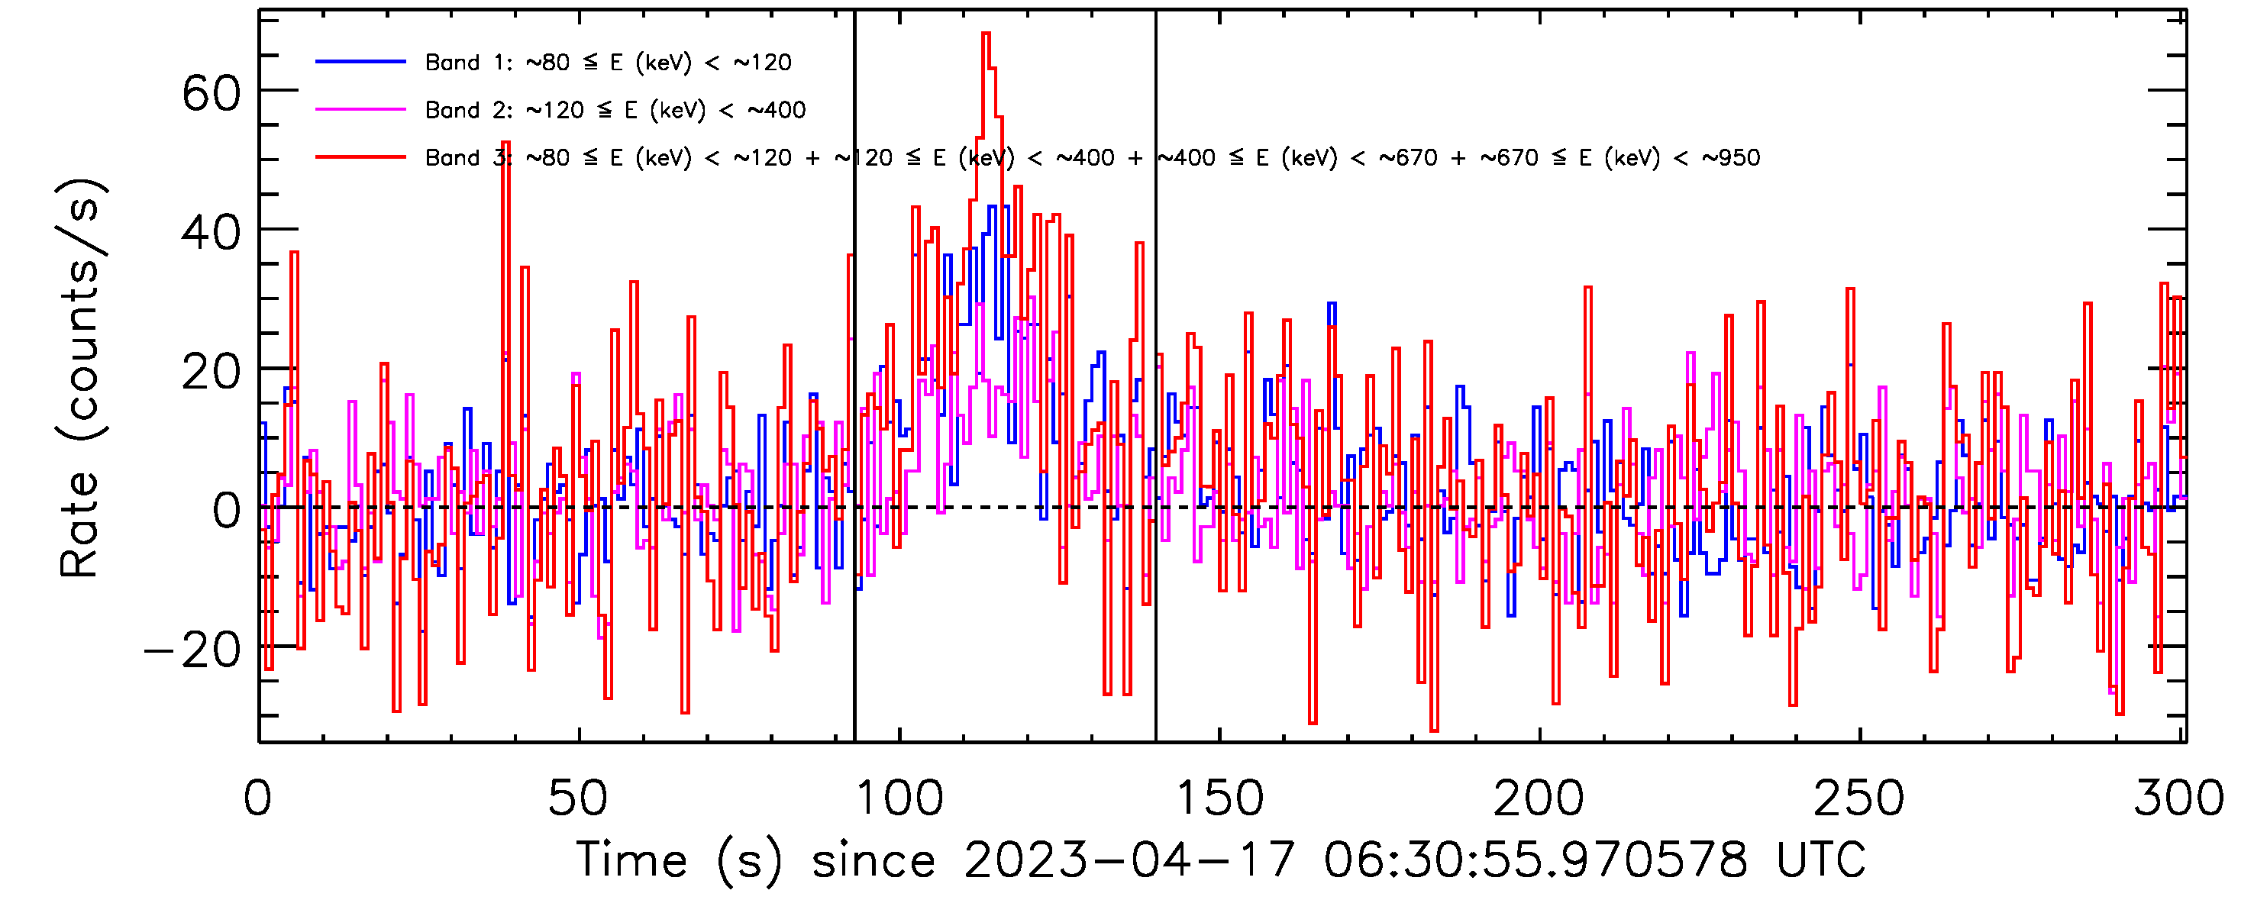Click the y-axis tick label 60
(x=211, y=92)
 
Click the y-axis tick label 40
(x=211, y=233)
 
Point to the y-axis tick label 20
(x=211, y=372)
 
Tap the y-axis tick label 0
(x=227, y=511)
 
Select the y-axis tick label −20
(x=192, y=650)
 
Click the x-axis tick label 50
(x=577, y=798)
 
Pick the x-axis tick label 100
(x=899, y=798)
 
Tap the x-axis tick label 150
(x=1219, y=798)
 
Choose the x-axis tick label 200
(x=1539, y=798)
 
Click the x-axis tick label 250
(x=1858, y=798)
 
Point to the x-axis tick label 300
(x=2178, y=798)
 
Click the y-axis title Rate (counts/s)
(x=80, y=378)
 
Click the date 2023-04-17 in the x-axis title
(x=1128, y=860)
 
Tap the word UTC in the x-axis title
(x=1820, y=860)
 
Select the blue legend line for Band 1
(x=360, y=61)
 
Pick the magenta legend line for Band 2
(x=360, y=109)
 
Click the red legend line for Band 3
(x=360, y=157)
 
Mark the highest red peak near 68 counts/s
(x=987, y=35)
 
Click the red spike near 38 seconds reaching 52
(x=505, y=144)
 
